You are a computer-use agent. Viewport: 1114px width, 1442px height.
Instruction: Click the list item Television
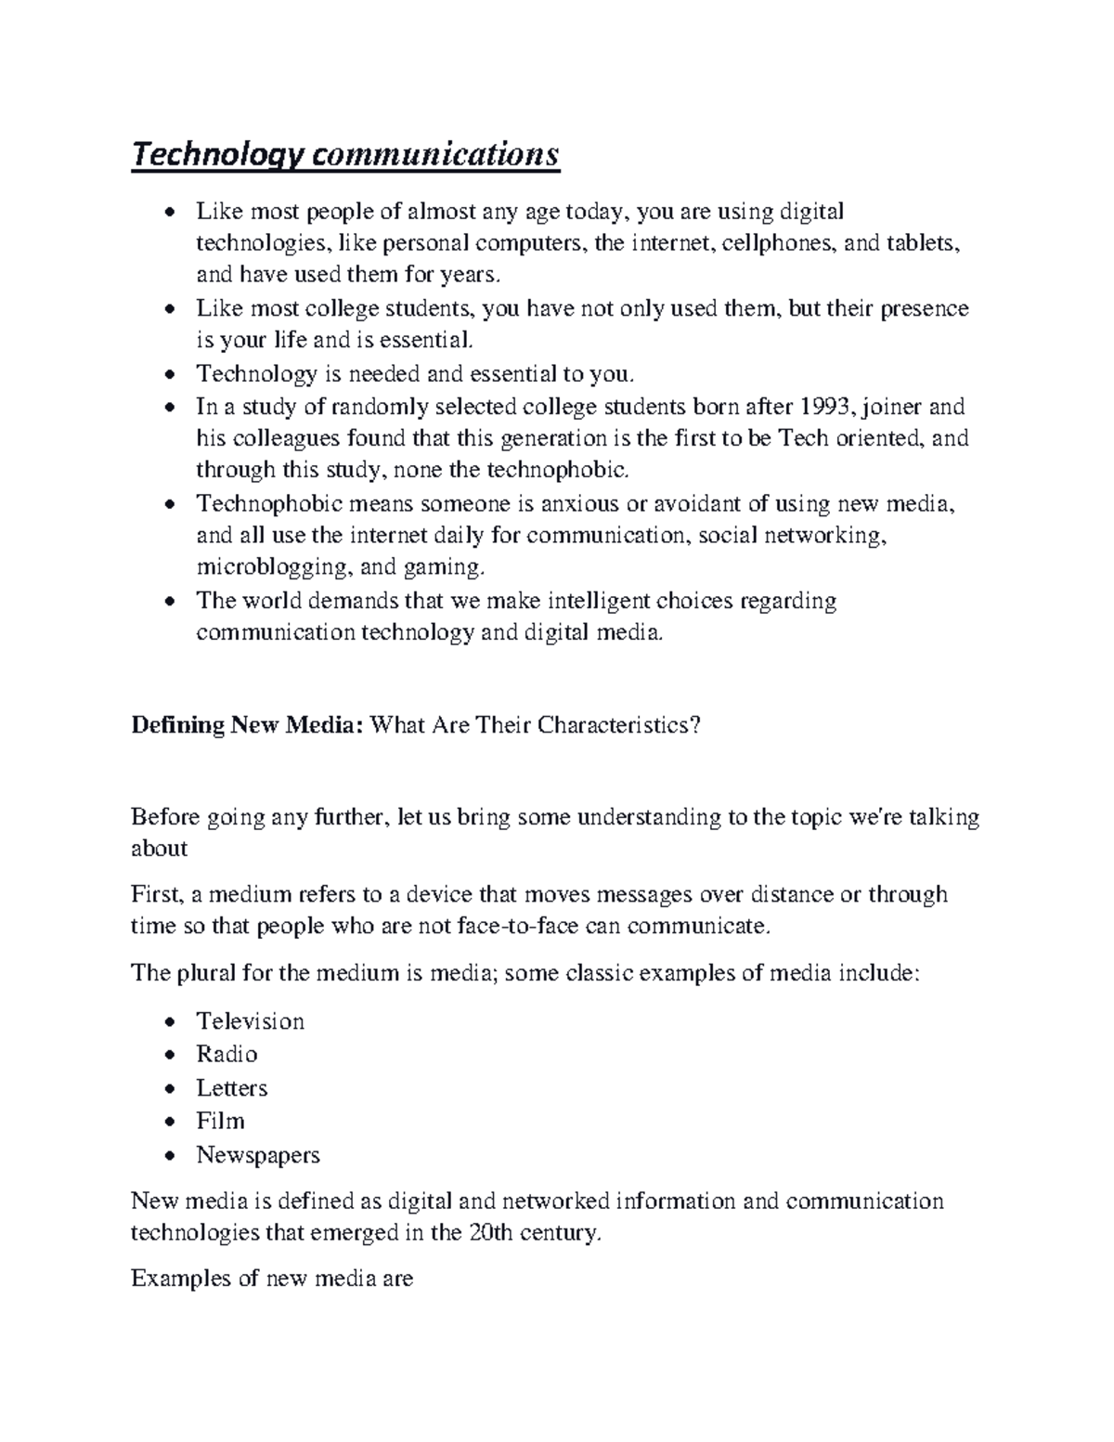coord(250,1021)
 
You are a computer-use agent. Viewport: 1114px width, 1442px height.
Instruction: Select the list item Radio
coord(227,1054)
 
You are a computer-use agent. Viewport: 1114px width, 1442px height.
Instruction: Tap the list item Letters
coord(231,1087)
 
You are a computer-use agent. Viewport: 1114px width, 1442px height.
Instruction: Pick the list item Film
coord(220,1121)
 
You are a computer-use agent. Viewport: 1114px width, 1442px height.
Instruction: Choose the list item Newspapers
coord(257,1155)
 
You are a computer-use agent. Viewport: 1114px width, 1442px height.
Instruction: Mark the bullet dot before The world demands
coord(168,603)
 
